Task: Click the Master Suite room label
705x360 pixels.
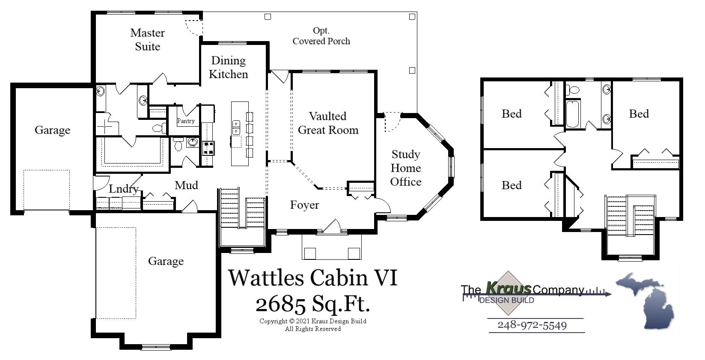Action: [x=147, y=39]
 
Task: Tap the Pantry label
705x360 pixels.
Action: [x=186, y=121]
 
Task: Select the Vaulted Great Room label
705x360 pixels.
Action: [x=328, y=123]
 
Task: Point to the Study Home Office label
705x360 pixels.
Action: [x=405, y=168]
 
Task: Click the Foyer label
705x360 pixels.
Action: [x=304, y=205]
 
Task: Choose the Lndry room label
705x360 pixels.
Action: [x=123, y=189]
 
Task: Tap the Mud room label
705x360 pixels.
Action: [x=186, y=185]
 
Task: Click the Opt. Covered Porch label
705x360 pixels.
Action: [x=321, y=36]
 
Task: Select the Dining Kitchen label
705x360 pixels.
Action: [x=228, y=67]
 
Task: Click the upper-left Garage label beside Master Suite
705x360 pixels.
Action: [x=52, y=130]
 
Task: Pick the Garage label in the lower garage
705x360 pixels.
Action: [x=166, y=261]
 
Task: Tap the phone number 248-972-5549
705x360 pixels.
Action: [x=532, y=325]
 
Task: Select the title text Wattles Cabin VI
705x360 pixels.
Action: [x=312, y=277]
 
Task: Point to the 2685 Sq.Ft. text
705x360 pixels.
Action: [x=312, y=304]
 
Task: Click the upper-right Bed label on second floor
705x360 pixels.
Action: [x=639, y=114]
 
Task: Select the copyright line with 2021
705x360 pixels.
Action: [x=312, y=321]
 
